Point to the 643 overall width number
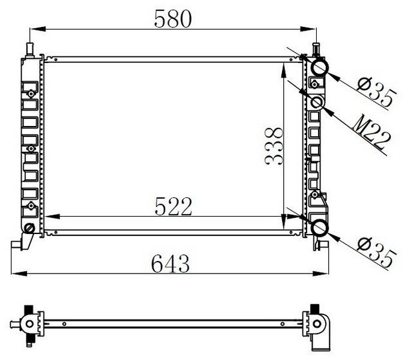pos(171,262)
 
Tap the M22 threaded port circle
pos(317,103)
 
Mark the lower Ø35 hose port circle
pos(319,227)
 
